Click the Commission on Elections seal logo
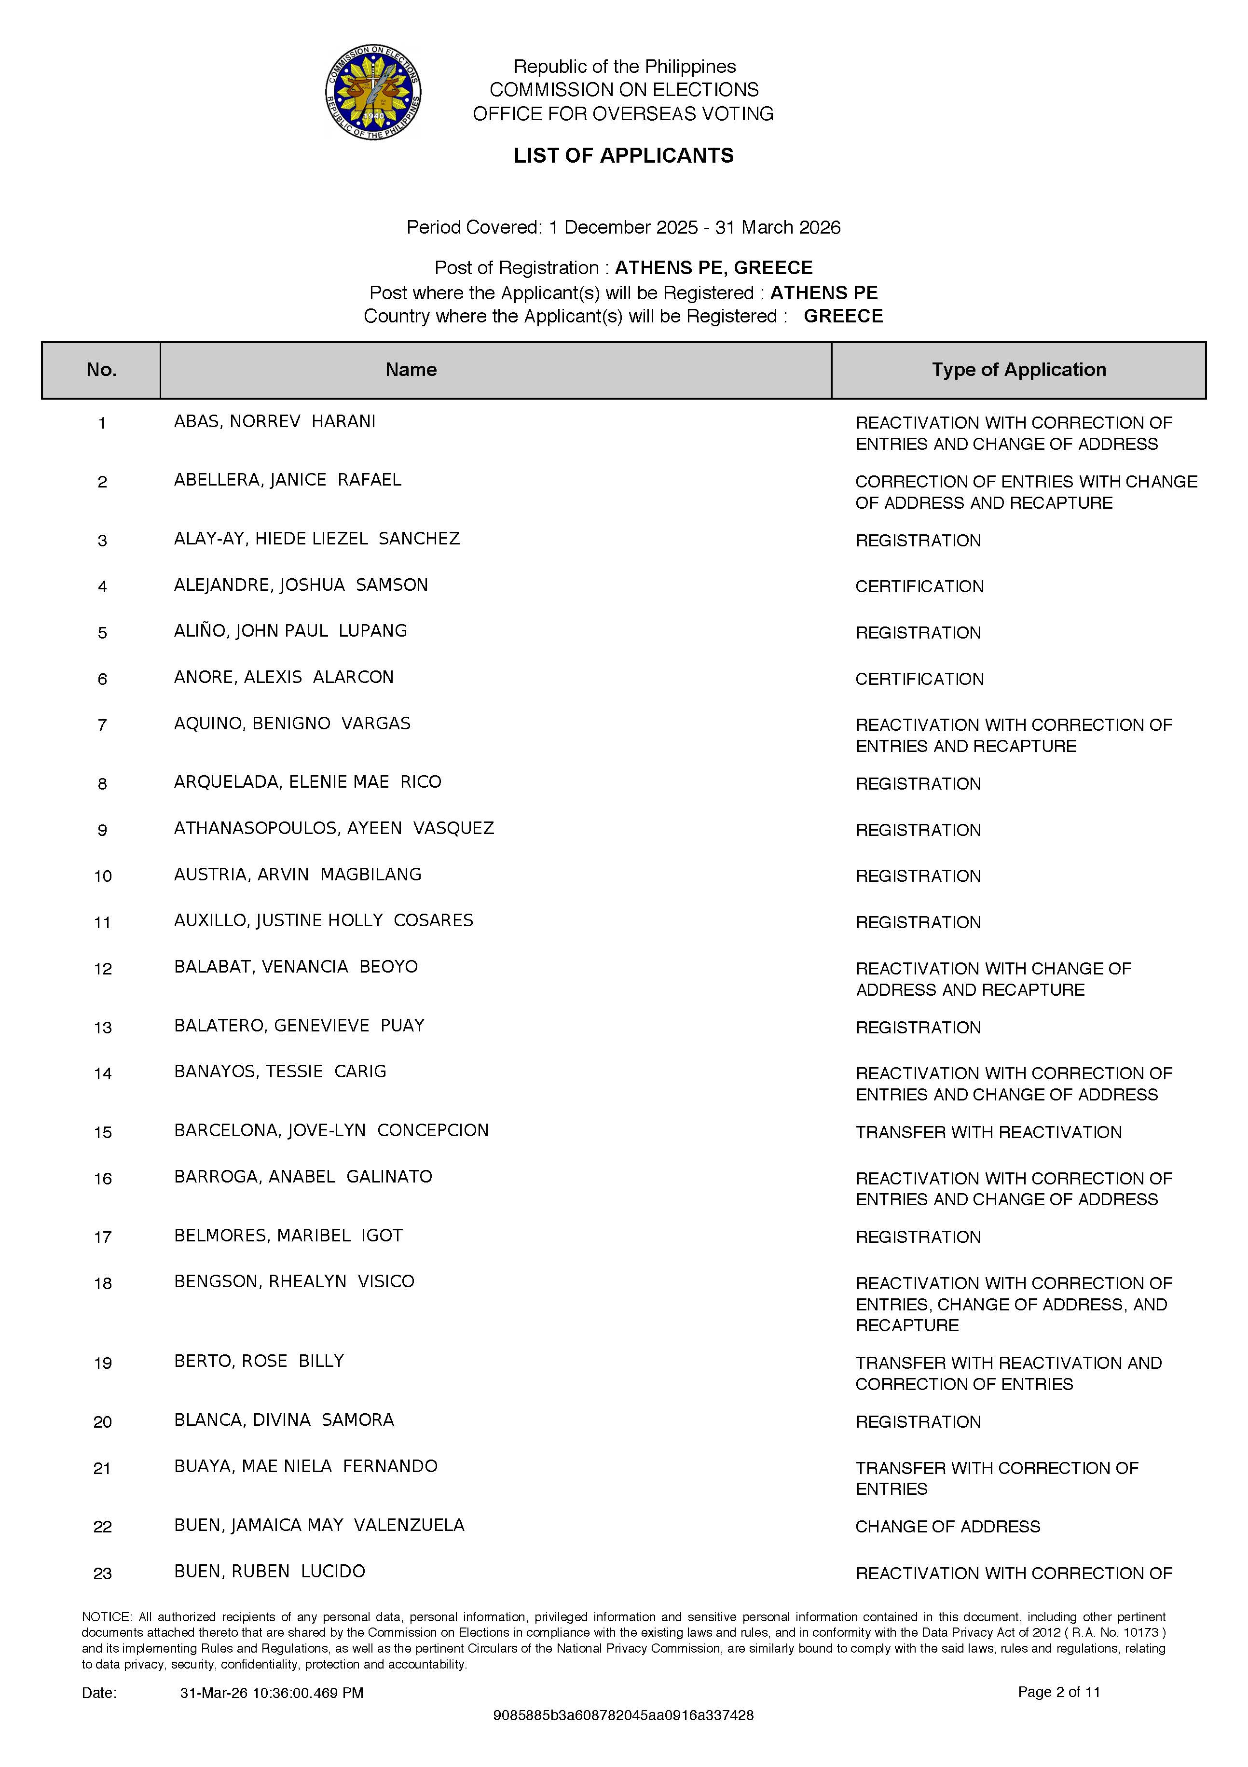(x=373, y=92)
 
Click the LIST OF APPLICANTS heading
(x=623, y=155)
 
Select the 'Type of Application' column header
(x=1019, y=370)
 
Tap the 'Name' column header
(x=411, y=370)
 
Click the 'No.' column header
(x=102, y=370)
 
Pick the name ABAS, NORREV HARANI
(x=274, y=422)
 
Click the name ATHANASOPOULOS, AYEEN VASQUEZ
(x=334, y=828)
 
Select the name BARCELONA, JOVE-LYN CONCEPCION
(x=331, y=1130)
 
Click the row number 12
(x=103, y=969)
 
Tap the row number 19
(x=103, y=1363)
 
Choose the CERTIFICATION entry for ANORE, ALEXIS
(x=919, y=679)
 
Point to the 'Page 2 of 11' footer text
(x=1059, y=1692)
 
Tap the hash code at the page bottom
(x=623, y=1715)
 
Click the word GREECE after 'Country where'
(x=843, y=316)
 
